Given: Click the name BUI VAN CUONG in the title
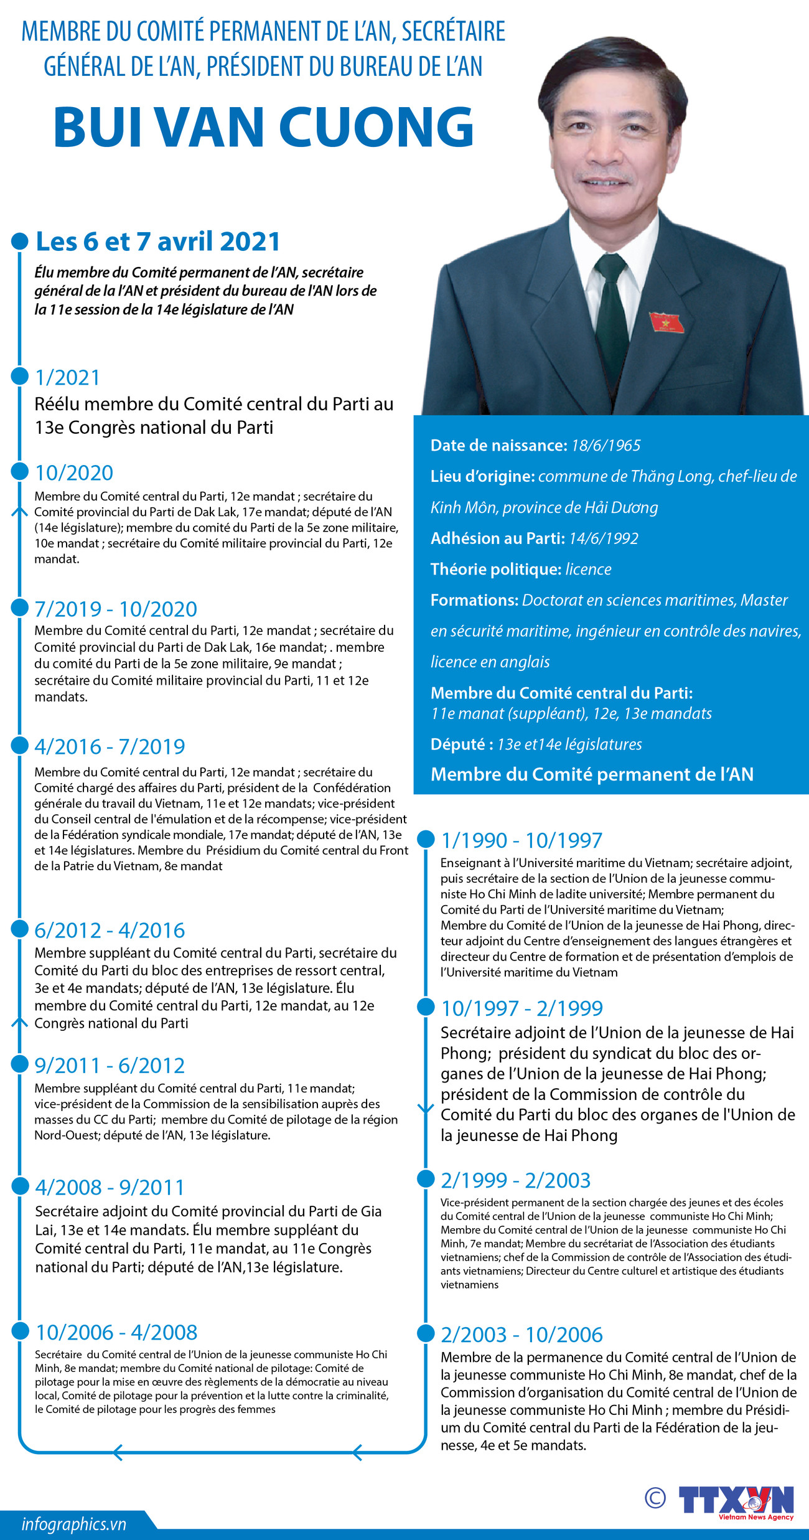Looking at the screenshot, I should tap(264, 128).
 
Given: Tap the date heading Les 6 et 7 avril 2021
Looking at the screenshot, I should tap(157, 242).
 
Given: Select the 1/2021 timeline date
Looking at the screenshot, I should tap(67, 377).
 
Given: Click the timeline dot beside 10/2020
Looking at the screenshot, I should tap(20, 471).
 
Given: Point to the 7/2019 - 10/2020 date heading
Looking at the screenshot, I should tap(116, 609).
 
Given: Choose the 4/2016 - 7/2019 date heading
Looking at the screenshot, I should tap(110, 746).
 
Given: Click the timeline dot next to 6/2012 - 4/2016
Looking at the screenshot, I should tap(20, 929).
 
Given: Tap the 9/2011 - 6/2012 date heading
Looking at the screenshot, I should tap(110, 1065).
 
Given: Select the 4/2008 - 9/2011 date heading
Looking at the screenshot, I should tap(110, 1186).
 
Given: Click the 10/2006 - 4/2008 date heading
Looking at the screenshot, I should tap(116, 1332).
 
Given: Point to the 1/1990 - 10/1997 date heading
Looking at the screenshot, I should tap(521, 840).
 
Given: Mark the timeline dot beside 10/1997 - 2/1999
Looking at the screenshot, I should tap(426, 1007).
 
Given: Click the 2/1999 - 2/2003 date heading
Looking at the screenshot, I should tap(515, 1180).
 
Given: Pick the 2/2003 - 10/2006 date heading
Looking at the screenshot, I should tap(521, 1335).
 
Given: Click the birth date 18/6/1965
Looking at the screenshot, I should tap(606, 446).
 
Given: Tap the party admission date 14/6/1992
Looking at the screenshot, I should tap(603, 538).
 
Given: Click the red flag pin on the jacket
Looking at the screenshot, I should tap(666, 322).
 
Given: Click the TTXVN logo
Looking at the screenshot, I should tap(736, 1500).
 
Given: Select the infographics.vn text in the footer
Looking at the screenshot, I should tap(73, 1524).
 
